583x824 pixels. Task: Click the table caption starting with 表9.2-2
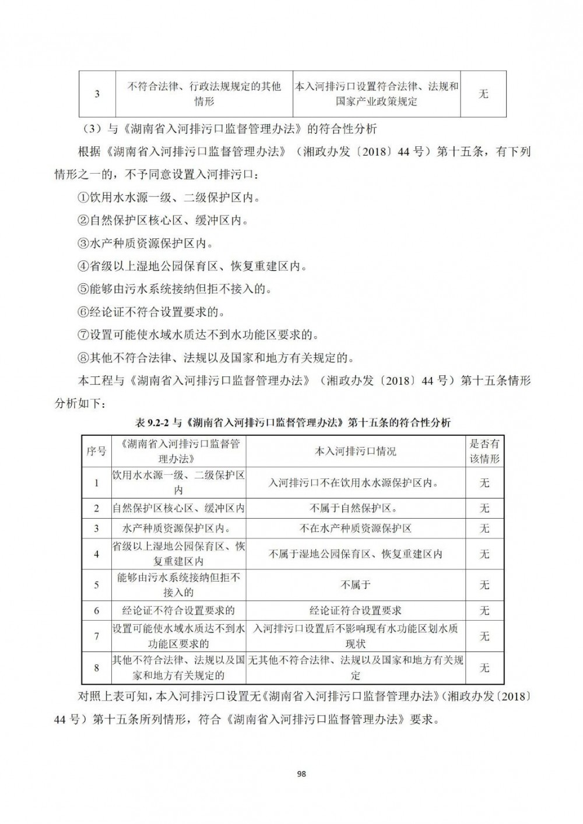[x=292, y=422]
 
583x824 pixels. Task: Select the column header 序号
[x=96, y=451]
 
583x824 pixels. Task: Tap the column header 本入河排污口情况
[x=356, y=452]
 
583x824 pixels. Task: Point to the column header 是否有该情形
[x=484, y=451]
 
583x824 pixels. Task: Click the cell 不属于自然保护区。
[x=356, y=508]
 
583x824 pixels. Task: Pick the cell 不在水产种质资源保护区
[x=356, y=529]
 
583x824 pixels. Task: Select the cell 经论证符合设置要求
[x=356, y=611]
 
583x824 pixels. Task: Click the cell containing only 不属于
[x=356, y=584]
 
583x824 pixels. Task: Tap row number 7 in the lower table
[x=96, y=636]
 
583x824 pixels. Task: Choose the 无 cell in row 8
[x=484, y=668]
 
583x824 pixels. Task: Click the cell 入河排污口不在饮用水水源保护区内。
[x=356, y=483]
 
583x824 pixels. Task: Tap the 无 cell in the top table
[x=483, y=94]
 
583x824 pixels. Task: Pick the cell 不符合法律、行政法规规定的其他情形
[x=204, y=94]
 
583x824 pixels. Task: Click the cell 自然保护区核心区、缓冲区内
[x=178, y=508]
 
